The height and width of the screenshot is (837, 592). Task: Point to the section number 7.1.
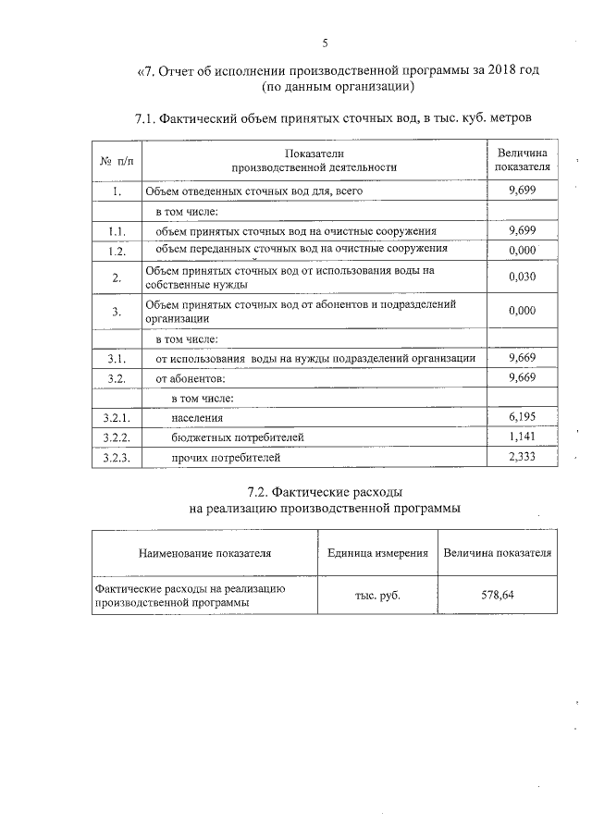click(147, 118)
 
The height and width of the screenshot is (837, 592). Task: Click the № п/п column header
click(117, 161)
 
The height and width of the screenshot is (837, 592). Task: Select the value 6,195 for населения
click(523, 418)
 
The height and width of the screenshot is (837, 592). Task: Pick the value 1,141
click(523, 437)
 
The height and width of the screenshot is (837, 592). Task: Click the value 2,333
click(523, 457)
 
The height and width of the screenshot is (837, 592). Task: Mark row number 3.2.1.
click(117, 419)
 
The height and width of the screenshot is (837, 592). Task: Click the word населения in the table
click(197, 419)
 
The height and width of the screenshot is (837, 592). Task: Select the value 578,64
click(498, 595)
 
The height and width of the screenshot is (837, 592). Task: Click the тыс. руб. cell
click(377, 596)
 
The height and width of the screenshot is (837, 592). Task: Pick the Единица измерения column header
click(377, 553)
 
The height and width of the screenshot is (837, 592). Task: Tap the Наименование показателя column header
click(204, 553)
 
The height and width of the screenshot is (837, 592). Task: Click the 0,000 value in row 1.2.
click(523, 251)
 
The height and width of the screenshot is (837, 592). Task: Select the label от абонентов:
click(190, 378)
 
